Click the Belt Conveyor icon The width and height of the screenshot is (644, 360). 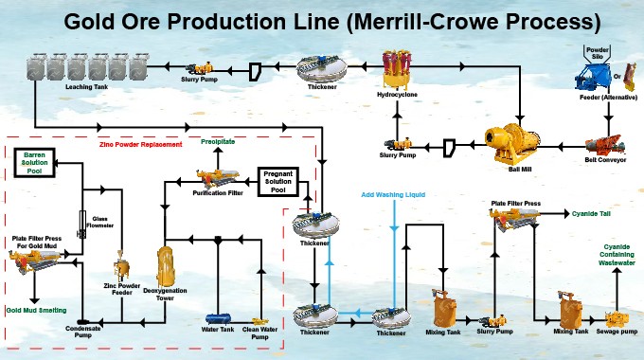(599, 143)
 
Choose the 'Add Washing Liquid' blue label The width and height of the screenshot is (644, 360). (393, 195)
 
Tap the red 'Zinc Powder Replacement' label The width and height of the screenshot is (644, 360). (142, 146)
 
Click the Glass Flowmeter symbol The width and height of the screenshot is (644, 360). (81, 217)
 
